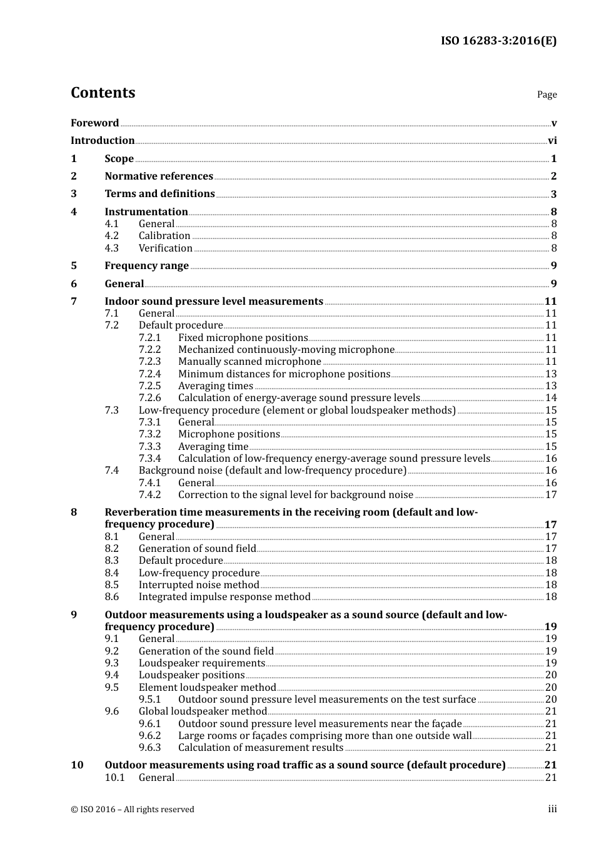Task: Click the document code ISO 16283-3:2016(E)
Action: (498, 41)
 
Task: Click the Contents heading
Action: (103, 93)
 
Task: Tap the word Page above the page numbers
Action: (546, 94)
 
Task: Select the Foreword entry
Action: (94, 123)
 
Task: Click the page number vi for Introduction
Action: (552, 141)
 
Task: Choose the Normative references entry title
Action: (159, 176)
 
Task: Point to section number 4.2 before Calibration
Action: (111, 236)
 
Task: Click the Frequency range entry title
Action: (146, 266)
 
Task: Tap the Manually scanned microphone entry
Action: (249, 362)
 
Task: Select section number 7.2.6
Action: (149, 398)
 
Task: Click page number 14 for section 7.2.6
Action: (551, 398)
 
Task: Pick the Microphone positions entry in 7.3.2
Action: (229, 434)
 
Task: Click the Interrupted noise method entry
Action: (199, 585)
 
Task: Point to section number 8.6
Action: (111, 597)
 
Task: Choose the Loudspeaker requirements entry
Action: (202, 663)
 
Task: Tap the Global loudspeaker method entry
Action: (203, 711)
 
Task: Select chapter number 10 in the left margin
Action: (77, 765)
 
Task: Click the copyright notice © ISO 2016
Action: (132, 810)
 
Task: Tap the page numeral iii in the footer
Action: (552, 809)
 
